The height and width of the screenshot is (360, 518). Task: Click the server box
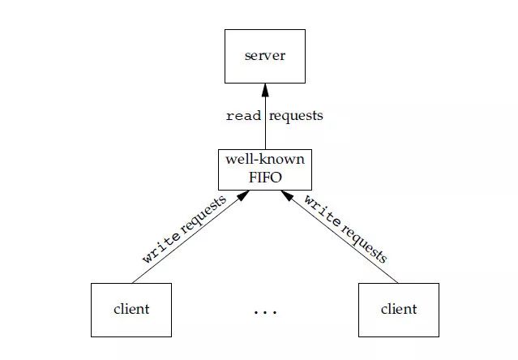(x=265, y=56)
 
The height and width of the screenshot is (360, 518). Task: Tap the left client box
(x=131, y=310)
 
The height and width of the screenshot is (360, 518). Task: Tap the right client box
(x=398, y=310)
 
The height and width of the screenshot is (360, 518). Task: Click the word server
(x=265, y=57)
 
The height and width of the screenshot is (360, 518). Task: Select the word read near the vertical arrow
(x=243, y=116)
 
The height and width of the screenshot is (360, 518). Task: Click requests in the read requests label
(x=296, y=116)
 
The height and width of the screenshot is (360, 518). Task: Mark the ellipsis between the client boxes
(x=265, y=311)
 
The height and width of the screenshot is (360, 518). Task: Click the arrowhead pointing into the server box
(x=265, y=89)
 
